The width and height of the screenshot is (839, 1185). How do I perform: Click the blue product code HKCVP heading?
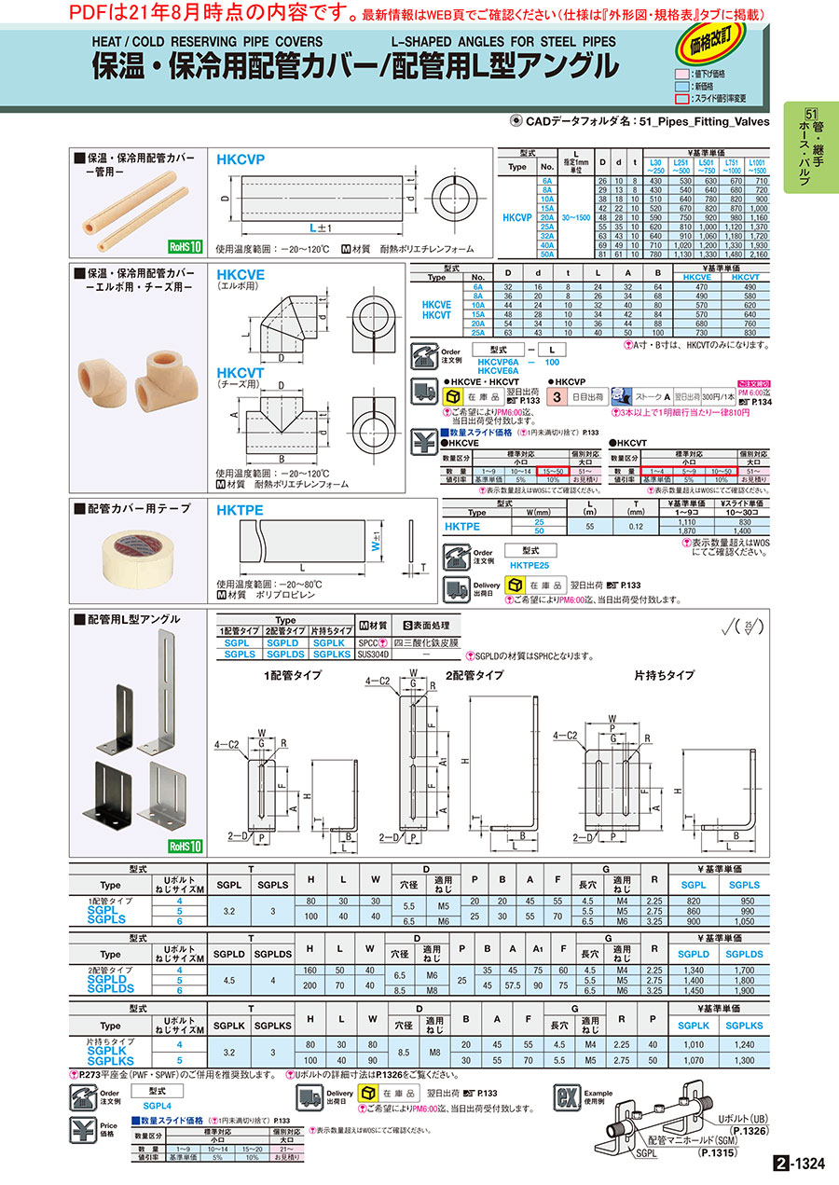pos(241,159)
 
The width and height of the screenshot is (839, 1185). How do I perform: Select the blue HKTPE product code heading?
pos(241,510)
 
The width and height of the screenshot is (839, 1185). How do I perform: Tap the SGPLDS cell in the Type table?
pos(283,655)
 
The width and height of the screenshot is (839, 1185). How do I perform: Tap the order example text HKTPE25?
pos(530,566)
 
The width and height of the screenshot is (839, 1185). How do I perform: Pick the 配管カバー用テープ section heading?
pos(138,509)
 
